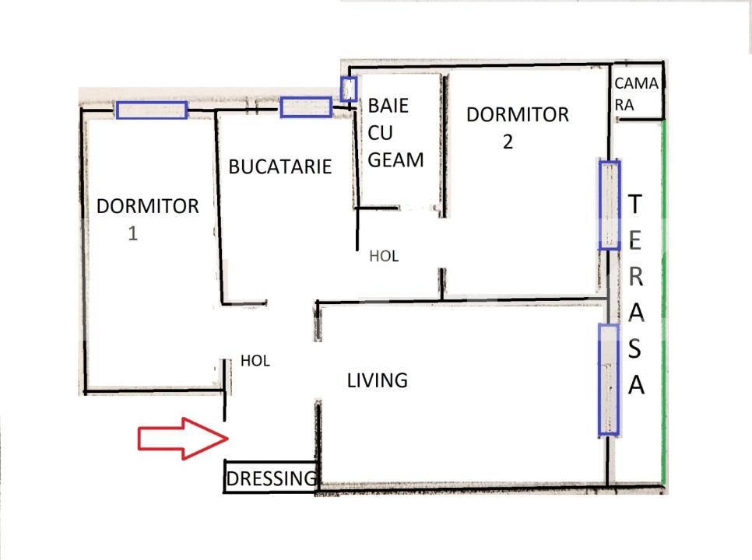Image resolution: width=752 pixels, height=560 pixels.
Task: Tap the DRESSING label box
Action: [272, 478]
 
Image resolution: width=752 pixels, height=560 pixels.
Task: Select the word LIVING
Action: [378, 380]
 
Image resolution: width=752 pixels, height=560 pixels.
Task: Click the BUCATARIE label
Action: [280, 166]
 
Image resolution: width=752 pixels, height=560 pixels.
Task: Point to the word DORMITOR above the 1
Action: [148, 206]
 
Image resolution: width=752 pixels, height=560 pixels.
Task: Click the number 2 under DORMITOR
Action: [508, 142]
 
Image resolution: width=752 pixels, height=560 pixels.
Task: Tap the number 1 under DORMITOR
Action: [133, 233]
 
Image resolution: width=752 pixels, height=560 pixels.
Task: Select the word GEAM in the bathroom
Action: [396, 159]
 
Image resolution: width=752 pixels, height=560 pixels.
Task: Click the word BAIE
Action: [388, 105]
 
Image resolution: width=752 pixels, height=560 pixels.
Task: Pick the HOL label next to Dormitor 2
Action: [384, 256]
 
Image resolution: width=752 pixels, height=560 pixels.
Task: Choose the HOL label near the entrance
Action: [255, 361]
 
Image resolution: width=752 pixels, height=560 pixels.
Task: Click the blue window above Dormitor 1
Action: [152, 110]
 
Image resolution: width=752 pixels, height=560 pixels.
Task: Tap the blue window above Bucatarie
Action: [306, 107]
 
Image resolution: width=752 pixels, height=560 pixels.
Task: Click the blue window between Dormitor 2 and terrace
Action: [609, 205]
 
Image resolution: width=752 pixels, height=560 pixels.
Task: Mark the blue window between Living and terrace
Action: [608, 380]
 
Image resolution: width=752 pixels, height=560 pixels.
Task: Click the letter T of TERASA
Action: [634, 205]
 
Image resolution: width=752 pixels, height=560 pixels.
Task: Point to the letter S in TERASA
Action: [635, 349]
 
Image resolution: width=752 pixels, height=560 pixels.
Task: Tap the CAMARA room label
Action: [636, 93]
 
